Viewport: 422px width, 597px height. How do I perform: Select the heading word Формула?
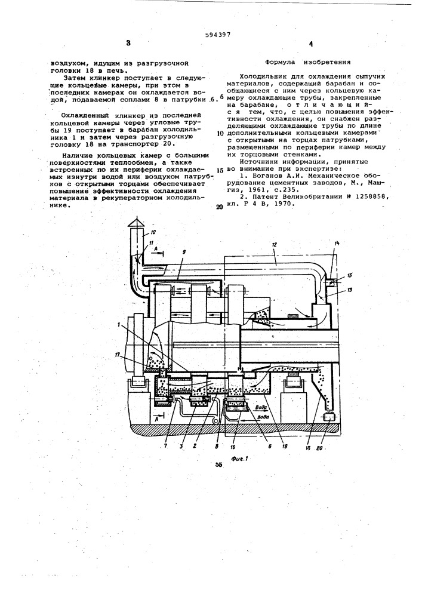point(278,61)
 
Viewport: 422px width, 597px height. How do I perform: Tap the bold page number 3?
point(128,43)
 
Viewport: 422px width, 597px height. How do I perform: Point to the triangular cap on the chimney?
point(136,221)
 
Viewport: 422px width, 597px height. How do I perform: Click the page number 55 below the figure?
point(218,464)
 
